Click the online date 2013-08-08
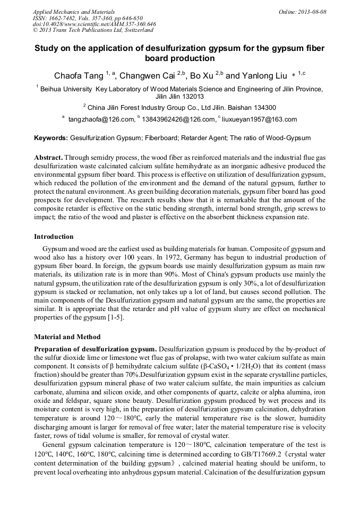(x=313, y=12)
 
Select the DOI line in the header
(x=95, y=24)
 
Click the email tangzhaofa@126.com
(x=101, y=119)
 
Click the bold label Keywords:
(x=51, y=138)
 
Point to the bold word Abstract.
(x=49, y=158)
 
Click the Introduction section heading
(x=54, y=236)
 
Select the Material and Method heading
(x=67, y=337)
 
